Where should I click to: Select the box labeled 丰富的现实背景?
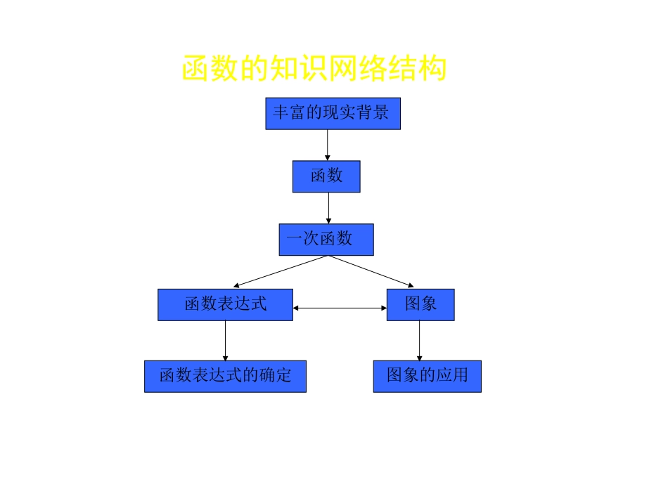[333, 114]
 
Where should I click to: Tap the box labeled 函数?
[326, 176]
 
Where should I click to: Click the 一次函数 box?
[326, 240]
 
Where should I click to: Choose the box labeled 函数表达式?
[225, 305]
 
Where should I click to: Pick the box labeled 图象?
[420, 305]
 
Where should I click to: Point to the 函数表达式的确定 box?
[225, 376]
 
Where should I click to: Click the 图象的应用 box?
[427, 376]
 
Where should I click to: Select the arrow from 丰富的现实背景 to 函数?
[328, 145]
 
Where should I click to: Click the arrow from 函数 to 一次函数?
[328, 208]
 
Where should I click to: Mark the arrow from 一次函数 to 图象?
[373, 272]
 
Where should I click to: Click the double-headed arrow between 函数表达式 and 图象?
[340, 308]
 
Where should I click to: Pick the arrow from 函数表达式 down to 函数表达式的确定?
[226, 341]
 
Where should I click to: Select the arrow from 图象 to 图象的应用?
[420, 341]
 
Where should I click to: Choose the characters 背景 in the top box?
[373, 113]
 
